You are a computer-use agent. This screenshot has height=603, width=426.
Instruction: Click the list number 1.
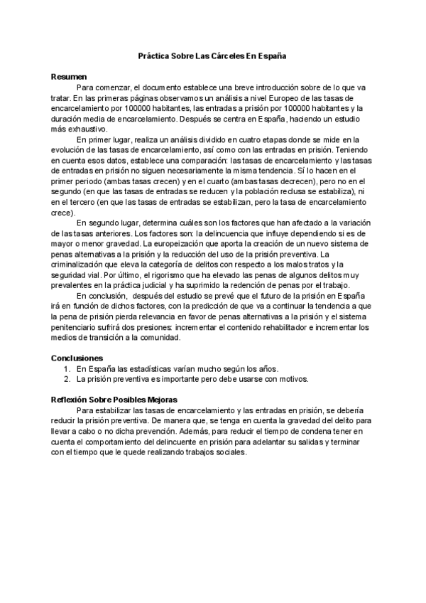(66, 368)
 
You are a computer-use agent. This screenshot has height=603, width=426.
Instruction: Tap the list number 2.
(66, 379)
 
